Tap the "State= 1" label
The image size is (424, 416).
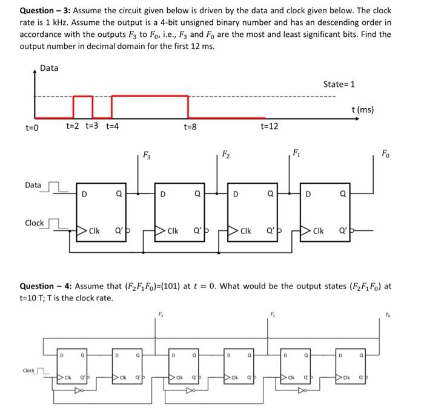point(339,83)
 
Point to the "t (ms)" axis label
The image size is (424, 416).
point(362,109)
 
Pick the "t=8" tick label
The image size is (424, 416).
point(190,126)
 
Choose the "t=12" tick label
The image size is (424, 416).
point(269,126)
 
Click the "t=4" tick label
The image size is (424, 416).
point(112,126)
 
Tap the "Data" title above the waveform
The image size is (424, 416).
point(49,68)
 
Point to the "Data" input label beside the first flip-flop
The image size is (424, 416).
point(33,185)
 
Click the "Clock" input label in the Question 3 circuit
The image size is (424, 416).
point(34,223)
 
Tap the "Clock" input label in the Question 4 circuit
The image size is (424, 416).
point(28,370)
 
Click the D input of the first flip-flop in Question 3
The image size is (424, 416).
point(84,194)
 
